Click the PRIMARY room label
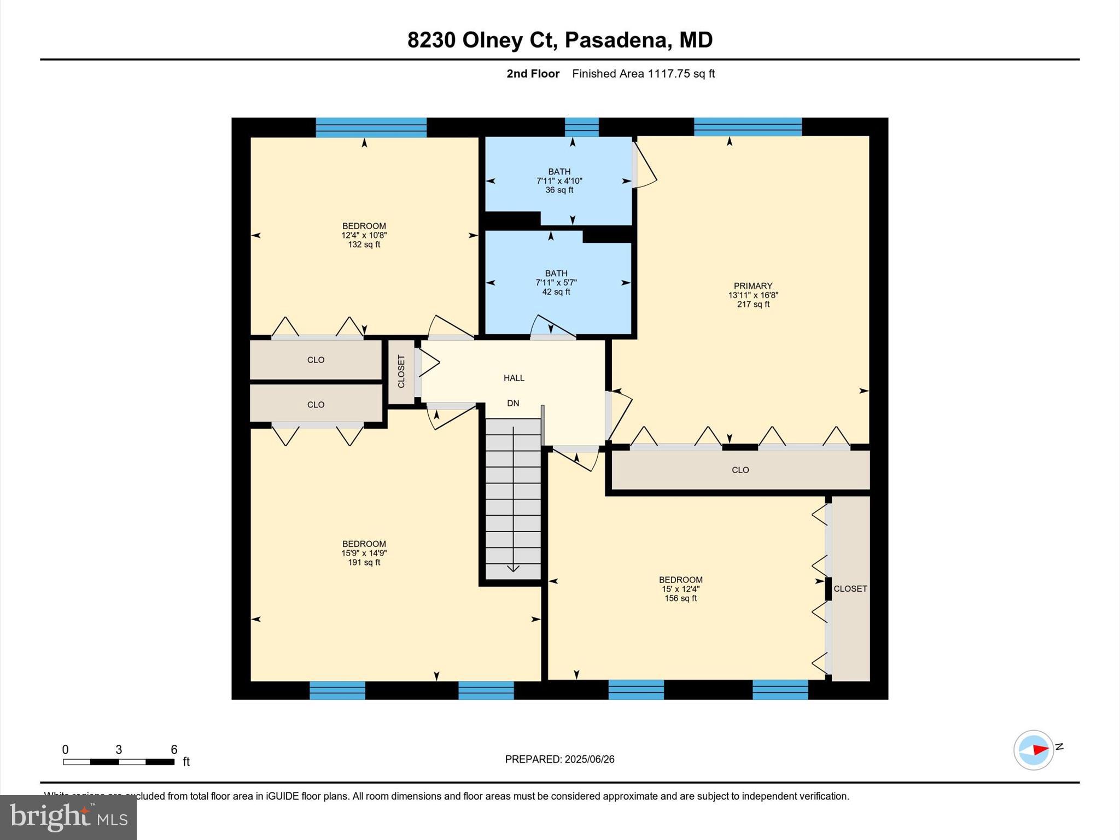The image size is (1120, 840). pyautogui.click(x=752, y=285)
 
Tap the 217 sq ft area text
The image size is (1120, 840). pyautogui.click(x=752, y=304)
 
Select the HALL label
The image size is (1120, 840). pyautogui.click(x=514, y=378)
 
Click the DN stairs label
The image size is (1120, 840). pyautogui.click(x=512, y=403)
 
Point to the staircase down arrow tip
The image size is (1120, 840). pyautogui.click(x=513, y=570)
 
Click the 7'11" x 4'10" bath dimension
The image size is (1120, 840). pyautogui.click(x=559, y=181)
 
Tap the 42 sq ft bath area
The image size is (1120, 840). pyautogui.click(x=556, y=292)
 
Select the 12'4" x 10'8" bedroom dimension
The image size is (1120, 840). pyautogui.click(x=364, y=235)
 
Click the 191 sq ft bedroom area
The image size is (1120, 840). pyautogui.click(x=364, y=562)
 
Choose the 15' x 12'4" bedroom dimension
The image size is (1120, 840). pyautogui.click(x=680, y=589)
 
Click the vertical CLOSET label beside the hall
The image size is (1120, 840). pyautogui.click(x=401, y=372)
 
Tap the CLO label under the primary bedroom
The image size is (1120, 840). pyautogui.click(x=740, y=470)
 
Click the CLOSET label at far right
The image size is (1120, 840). pyautogui.click(x=850, y=588)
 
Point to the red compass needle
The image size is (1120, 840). pyautogui.click(x=1040, y=749)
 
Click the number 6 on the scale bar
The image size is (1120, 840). pyautogui.click(x=174, y=749)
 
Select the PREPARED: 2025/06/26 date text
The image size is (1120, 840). pyautogui.click(x=559, y=759)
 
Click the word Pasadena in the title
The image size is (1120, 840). pyautogui.click(x=618, y=40)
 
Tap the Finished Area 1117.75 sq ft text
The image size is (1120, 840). pyautogui.click(x=643, y=73)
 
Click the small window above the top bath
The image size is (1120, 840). pyautogui.click(x=581, y=127)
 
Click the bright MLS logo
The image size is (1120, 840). pyautogui.click(x=68, y=818)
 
